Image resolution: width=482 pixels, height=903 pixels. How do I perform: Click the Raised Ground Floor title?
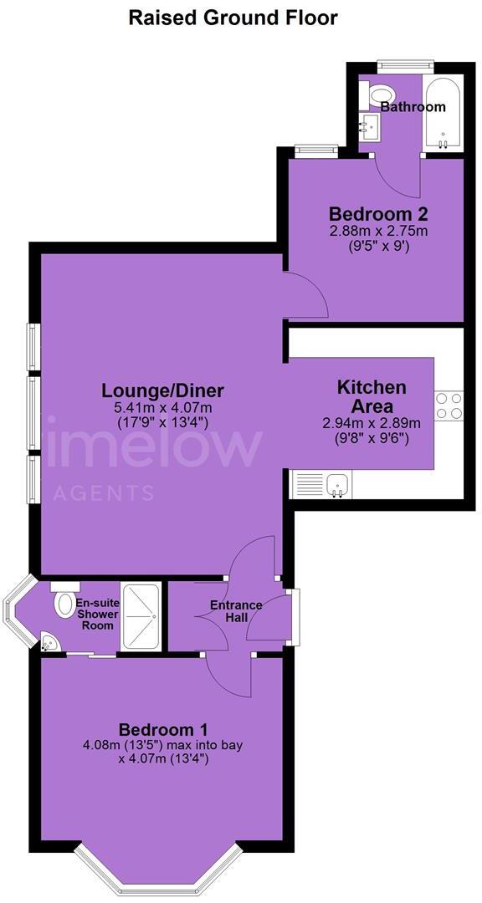click(233, 18)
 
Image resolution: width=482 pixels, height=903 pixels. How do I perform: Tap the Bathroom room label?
click(413, 107)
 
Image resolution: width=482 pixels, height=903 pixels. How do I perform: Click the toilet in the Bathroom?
click(381, 96)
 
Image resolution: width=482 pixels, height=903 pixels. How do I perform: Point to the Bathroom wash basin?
click(369, 128)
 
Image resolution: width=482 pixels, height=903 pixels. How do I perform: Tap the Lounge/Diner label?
click(162, 390)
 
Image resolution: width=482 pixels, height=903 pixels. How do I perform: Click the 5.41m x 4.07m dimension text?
click(162, 408)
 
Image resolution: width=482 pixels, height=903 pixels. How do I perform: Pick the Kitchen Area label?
click(372, 396)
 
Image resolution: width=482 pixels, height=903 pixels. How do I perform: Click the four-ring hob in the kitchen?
click(449, 406)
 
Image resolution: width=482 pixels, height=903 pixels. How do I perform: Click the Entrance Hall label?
click(236, 611)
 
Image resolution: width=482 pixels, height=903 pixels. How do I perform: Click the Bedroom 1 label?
click(162, 728)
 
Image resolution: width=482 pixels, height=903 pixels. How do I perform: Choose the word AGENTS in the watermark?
click(103, 493)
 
